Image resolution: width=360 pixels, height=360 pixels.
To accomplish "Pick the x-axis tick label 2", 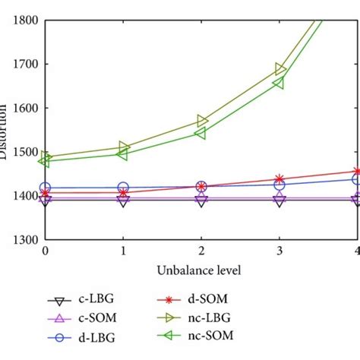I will [201, 251].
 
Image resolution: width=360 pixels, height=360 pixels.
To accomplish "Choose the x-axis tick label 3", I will [279, 251].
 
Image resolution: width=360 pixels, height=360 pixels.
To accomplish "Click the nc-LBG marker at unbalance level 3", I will [280, 70].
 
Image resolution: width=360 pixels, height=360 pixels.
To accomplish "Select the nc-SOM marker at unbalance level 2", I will [201, 133].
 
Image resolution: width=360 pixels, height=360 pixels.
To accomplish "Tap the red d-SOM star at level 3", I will [279, 179].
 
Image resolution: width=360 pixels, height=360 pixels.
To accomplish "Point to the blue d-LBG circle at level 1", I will [123, 187].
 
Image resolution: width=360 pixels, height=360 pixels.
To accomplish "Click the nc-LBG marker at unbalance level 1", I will [123, 147].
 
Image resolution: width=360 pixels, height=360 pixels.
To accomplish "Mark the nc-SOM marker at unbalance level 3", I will [279, 82].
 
